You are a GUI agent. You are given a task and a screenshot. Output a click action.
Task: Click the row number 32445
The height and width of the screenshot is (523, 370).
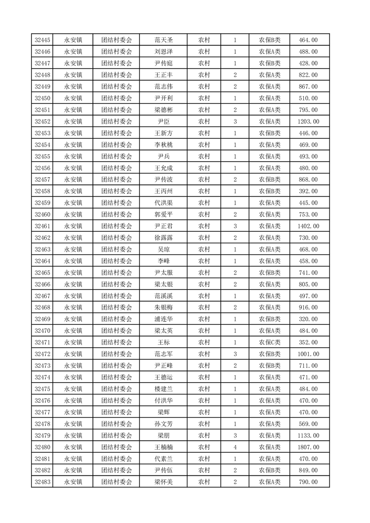point(42,40)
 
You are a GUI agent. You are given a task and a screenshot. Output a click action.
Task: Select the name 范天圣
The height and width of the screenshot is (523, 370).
point(163,40)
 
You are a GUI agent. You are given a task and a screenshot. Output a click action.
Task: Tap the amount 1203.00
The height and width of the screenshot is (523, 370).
point(308,122)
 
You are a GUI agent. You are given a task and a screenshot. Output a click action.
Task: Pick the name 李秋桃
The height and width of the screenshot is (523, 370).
point(163,145)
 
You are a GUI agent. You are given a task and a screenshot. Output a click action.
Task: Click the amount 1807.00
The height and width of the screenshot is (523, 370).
point(308,447)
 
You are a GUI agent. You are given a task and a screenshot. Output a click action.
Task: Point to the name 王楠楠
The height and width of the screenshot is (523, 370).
point(163,447)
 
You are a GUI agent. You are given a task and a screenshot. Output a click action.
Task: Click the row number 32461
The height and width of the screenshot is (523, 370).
point(42,226)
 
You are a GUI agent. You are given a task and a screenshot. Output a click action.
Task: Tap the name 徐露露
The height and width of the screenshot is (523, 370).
point(163,238)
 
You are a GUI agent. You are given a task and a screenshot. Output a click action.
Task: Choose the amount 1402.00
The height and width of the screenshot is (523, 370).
point(308,226)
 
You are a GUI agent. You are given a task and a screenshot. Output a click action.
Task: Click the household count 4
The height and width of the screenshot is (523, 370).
point(235,447)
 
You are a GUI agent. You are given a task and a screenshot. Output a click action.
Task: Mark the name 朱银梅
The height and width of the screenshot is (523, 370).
point(163,308)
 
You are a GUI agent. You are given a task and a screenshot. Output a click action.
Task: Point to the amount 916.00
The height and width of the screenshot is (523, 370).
point(308,308)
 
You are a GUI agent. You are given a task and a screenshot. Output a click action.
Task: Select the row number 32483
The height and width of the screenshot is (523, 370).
point(42,482)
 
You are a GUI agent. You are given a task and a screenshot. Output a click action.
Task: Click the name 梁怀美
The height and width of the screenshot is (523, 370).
point(163,482)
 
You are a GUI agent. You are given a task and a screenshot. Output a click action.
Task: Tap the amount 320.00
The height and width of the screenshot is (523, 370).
point(308,319)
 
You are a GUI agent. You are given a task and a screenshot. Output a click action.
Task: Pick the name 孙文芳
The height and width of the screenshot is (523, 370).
point(163,424)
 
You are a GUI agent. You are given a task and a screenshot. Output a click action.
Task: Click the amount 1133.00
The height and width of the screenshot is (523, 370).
point(308,435)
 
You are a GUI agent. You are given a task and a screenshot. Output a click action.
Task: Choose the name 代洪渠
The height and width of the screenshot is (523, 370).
point(163,203)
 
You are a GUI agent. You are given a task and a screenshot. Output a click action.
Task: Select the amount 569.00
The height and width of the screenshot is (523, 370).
point(308,424)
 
